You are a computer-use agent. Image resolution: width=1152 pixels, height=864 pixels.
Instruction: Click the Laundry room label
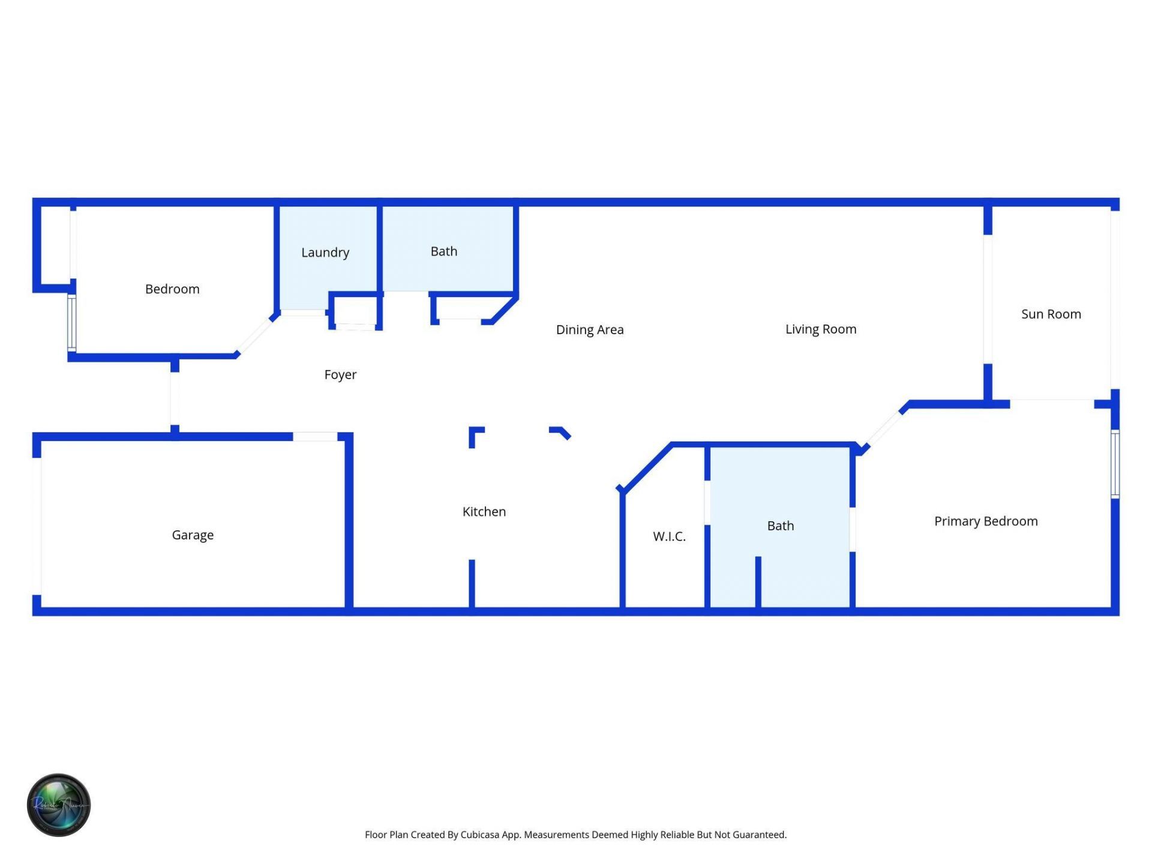tap(325, 253)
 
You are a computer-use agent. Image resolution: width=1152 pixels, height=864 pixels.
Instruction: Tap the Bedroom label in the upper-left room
tap(172, 289)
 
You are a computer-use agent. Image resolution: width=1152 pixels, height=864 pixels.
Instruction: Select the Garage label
tap(193, 535)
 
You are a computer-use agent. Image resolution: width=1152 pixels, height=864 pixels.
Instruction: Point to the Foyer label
tap(340, 375)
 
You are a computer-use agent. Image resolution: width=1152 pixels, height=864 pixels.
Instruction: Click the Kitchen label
tap(484, 512)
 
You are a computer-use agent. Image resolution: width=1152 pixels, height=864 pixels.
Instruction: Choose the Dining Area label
tap(590, 330)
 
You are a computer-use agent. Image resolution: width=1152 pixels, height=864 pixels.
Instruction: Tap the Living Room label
tap(821, 329)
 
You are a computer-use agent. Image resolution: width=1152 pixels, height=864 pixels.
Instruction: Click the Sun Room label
tap(1051, 314)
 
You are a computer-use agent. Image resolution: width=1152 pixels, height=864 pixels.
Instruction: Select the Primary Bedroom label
tap(986, 521)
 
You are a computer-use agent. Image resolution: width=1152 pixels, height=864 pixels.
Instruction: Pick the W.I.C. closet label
tap(669, 536)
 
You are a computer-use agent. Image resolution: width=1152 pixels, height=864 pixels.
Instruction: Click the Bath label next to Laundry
tap(444, 251)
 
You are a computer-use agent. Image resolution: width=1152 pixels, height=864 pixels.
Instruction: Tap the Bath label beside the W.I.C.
tap(781, 526)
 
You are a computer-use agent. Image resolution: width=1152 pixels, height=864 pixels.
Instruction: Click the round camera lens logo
tap(59, 805)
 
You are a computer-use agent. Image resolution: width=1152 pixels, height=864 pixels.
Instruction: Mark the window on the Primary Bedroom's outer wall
tap(1115, 464)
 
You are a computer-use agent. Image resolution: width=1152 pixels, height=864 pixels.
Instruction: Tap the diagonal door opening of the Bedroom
tap(256, 335)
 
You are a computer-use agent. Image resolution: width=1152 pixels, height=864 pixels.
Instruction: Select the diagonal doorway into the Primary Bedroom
tap(881, 428)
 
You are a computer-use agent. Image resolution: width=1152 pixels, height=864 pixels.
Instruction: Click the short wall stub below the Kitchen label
tap(472, 583)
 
